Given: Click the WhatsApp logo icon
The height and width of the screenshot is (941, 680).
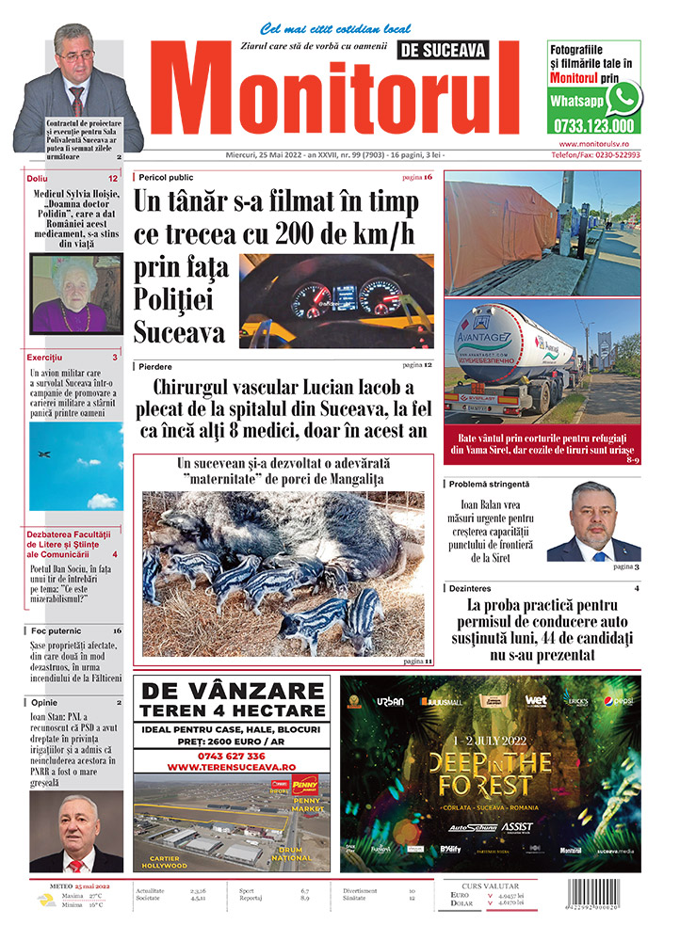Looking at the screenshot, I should pos(623,98).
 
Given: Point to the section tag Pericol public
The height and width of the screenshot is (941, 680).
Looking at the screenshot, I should pos(168,177).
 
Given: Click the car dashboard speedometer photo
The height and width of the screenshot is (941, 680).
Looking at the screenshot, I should pos(336,301).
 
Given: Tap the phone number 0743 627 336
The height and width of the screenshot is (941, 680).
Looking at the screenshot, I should pos(231,756).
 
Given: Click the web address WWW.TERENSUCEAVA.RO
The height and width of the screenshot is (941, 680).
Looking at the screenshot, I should pos(231,767).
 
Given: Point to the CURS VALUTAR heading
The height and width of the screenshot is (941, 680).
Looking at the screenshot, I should pos(494,885).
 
